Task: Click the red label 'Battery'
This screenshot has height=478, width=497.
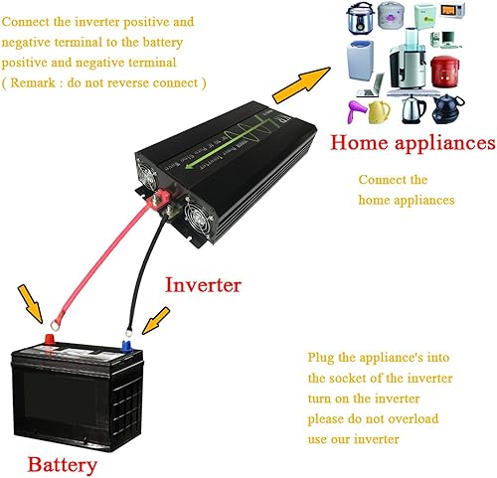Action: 62,463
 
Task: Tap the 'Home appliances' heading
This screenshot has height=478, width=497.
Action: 413,143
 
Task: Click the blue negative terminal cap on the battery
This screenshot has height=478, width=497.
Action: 127,349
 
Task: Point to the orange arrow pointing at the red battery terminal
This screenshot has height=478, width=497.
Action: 34,305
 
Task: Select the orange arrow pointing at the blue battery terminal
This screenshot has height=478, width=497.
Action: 157,321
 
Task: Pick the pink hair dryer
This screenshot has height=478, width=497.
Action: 355,107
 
